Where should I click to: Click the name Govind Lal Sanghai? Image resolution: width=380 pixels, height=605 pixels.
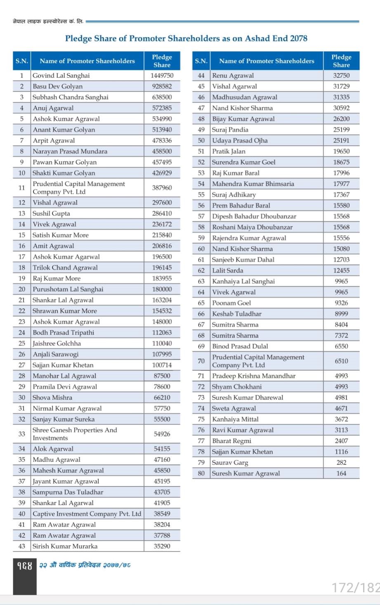point(61,76)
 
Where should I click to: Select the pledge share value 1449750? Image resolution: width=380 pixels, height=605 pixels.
point(162,76)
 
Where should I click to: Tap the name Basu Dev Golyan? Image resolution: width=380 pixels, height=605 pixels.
point(57,86)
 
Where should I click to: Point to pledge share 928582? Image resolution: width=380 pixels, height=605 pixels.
point(162,86)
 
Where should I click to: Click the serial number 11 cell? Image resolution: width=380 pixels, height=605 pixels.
point(22,187)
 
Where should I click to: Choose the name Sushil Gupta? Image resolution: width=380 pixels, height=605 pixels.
point(51,214)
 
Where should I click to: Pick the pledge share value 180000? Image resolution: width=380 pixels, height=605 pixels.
point(162,289)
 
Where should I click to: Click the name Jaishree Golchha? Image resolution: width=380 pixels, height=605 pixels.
point(57,343)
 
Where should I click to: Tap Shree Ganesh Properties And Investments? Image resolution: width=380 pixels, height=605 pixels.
point(75,434)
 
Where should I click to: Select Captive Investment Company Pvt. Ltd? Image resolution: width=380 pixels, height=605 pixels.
point(87,514)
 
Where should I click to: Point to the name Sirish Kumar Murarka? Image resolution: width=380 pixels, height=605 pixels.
point(65,546)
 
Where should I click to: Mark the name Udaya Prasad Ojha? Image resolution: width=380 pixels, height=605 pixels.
point(240,140)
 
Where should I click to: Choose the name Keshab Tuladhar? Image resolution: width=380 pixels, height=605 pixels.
point(236,313)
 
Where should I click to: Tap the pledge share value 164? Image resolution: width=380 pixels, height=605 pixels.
point(341,473)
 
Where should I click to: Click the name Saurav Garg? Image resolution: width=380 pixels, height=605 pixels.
point(230,463)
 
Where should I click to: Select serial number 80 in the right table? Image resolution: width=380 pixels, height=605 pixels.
point(201,473)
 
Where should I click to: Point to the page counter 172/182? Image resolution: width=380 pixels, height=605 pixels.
point(355,587)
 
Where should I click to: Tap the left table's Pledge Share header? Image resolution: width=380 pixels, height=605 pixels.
point(162,61)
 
